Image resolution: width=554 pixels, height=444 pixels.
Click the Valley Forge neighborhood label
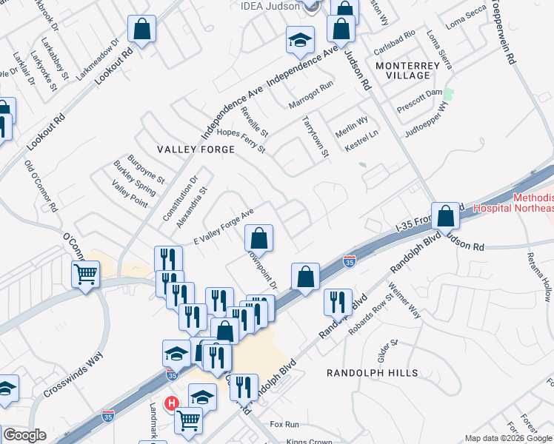pyautogui.click(x=196, y=149)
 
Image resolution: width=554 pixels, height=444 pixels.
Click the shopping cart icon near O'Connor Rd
pyautogui.click(x=85, y=275)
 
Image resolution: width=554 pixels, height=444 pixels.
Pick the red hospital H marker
pyautogui.click(x=172, y=403)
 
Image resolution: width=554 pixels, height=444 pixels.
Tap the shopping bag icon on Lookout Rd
pyautogui.click(x=142, y=30)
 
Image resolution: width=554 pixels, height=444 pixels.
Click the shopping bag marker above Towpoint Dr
pyautogui.click(x=259, y=238)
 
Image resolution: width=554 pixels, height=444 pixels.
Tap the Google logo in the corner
pyautogui.click(x=24, y=435)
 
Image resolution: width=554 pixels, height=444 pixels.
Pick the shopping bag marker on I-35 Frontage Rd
pyautogui.click(x=447, y=217)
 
